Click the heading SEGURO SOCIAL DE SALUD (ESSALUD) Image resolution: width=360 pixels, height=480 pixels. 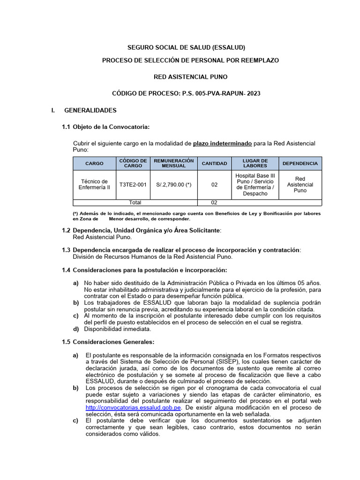pyautogui.click(x=187, y=47)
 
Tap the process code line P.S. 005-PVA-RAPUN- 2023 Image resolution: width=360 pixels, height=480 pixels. pyautogui.click(x=187, y=94)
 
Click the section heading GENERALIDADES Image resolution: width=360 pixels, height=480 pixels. pyautogui.click(x=90, y=111)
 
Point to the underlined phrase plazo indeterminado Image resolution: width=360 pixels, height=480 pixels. pyautogui.click(x=222, y=143)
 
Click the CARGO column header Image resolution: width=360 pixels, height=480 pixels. pyautogui.click(x=94, y=164)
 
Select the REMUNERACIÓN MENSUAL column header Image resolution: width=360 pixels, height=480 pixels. pyautogui.click(x=174, y=164)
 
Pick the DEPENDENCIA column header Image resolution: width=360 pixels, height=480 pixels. pyautogui.click(x=300, y=164)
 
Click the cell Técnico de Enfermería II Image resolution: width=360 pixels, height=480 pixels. pyautogui.click(x=94, y=185)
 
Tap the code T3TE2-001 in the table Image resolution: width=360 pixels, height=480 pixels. pyautogui.click(x=133, y=185)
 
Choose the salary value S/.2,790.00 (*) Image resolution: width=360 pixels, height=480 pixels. pyautogui.click(x=174, y=185)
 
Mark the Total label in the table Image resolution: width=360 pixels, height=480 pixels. pyautogui.click(x=135, y=202)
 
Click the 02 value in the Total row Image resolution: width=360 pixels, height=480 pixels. pyautogui.click(x=214, y=202)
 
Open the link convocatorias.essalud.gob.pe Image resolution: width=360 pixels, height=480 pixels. pyautogui.click(x=133, y=408)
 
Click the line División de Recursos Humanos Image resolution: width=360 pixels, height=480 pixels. pyautogui.click(x=152, y=257)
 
